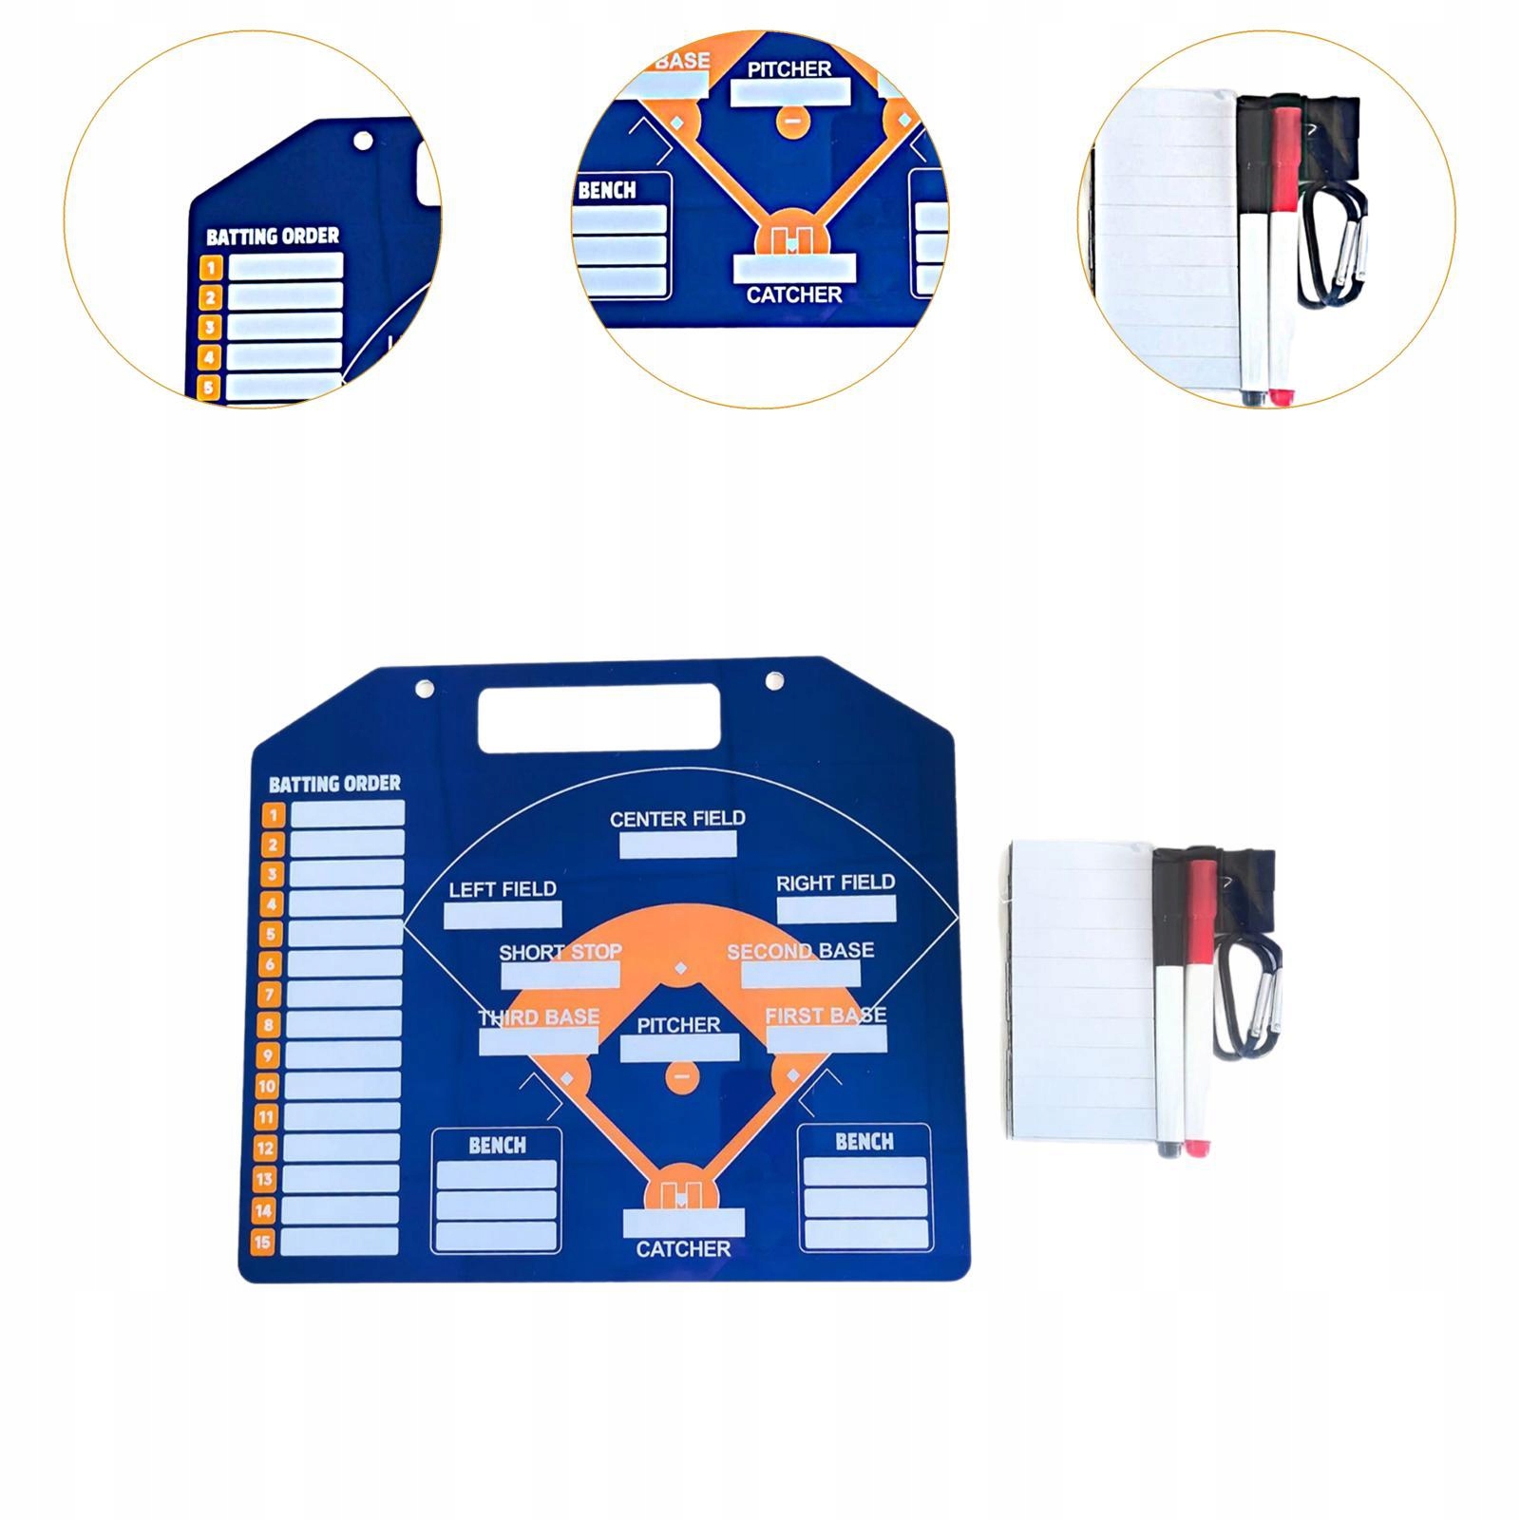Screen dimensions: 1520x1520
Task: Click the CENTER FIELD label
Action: (677, 818)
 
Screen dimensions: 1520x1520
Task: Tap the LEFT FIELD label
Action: (503, 889)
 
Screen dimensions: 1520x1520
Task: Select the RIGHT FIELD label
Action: (835, 883)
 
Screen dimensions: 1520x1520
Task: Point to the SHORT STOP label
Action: (560, 952)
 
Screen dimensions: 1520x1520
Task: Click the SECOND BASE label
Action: (800, 951)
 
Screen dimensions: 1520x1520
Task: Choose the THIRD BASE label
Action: (539, 1017)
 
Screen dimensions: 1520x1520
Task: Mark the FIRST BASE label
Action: (826, 1016)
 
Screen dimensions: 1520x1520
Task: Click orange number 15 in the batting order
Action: (262, 1241)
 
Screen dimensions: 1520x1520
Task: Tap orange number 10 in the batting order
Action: (267, 1086)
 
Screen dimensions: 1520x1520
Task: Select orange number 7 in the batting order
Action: (271, 995)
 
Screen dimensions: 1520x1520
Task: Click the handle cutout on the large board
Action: (598, 716)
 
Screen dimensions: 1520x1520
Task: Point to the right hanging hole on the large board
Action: (774, 681)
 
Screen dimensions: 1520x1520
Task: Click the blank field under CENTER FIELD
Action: (677, 845)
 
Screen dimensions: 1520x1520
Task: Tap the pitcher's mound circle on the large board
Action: (681, 1077)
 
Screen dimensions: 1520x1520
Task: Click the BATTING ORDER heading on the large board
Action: (334, 784)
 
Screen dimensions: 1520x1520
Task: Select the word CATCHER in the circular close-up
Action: (794, 294)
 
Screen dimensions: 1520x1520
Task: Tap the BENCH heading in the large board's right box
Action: (864, 1141)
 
